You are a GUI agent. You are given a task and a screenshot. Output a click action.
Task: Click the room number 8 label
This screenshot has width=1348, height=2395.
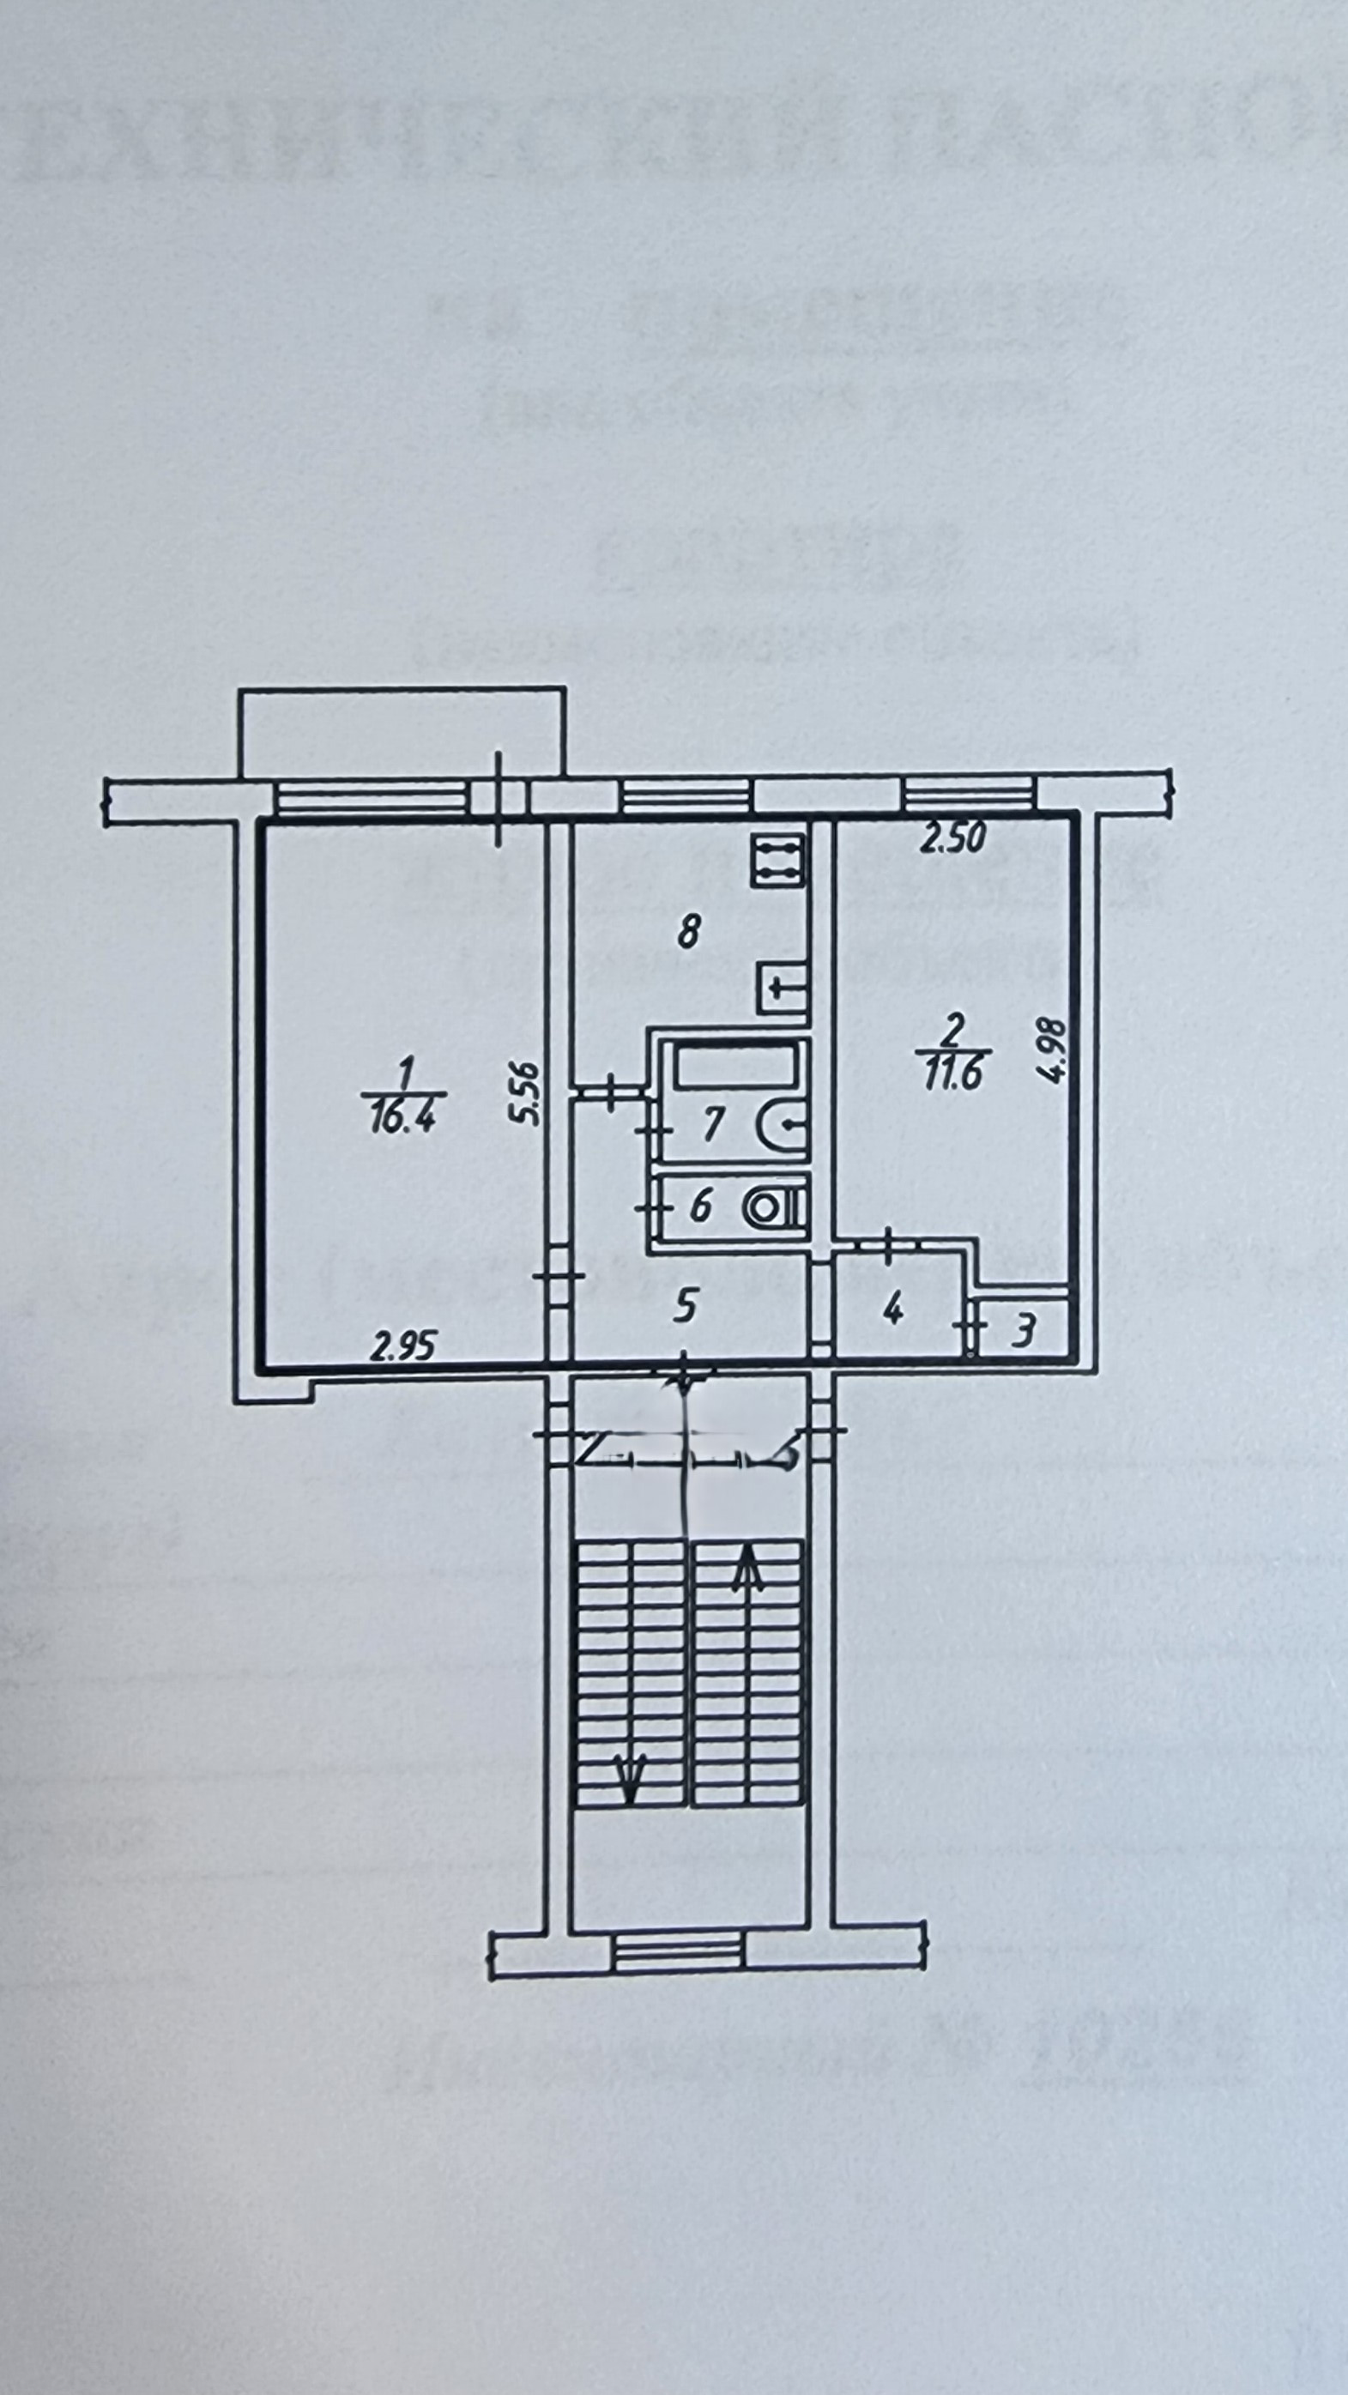coord(687,931)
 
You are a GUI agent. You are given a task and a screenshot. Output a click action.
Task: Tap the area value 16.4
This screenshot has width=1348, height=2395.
coord(402,1117)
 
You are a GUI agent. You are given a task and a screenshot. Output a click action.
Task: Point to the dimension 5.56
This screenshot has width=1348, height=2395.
coord(527,1093)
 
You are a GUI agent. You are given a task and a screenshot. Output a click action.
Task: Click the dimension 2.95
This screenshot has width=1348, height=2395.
coord(402,1346)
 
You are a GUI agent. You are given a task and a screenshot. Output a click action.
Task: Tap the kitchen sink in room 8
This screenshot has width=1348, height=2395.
coord(781,989)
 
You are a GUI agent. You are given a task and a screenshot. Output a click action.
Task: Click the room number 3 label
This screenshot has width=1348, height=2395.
coord(1023,1333)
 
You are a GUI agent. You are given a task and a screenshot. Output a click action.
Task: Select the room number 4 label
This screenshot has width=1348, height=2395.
coord(892,1309)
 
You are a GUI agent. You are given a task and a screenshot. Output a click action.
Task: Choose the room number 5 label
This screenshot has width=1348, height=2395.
coord(686,1307)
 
